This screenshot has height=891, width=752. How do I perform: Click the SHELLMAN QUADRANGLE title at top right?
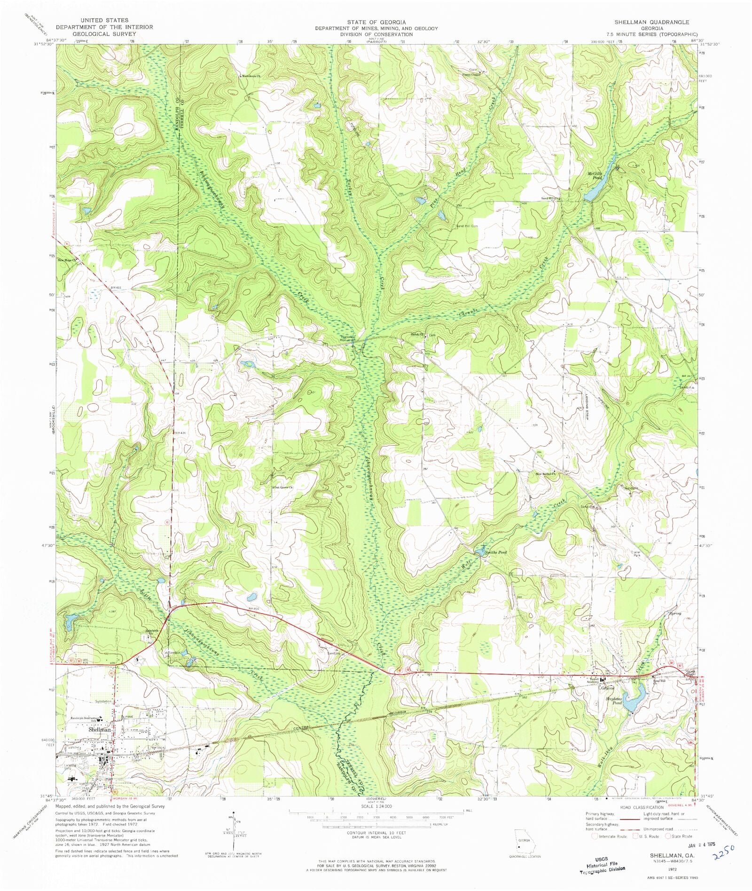coord(651,22)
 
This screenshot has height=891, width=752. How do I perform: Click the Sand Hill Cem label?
coord(467,226)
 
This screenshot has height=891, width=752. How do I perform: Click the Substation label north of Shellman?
coord(103,701)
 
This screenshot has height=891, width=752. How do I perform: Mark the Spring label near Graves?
coord(675,613)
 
